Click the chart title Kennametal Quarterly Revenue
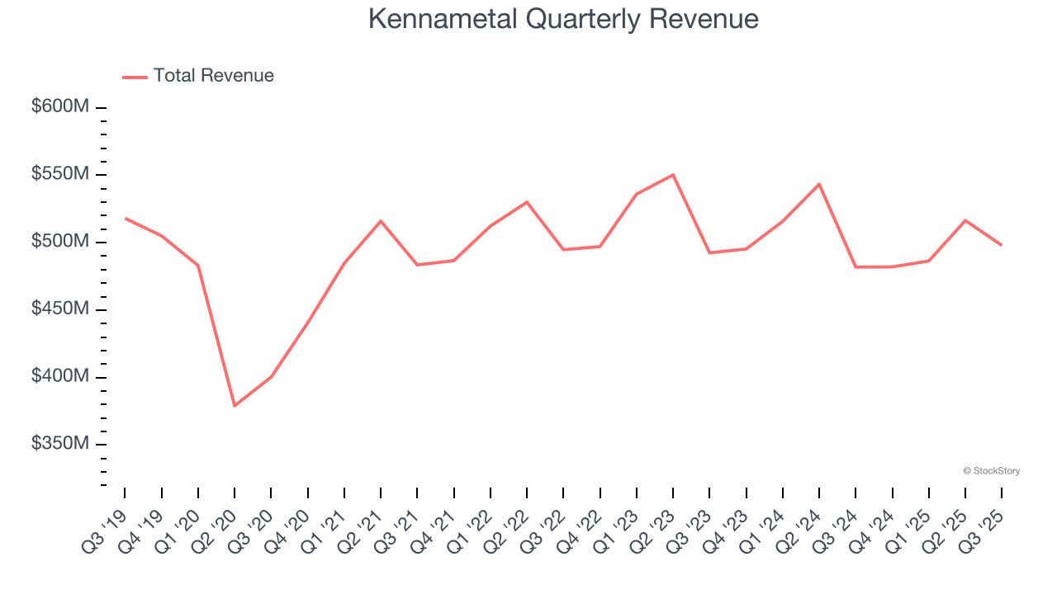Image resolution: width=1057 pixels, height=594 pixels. (562, 18)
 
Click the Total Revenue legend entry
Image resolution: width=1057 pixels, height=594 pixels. (198, 76)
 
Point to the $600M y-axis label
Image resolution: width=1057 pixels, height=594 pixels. (60, 106)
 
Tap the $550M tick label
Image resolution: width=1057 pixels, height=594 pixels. (60, 174)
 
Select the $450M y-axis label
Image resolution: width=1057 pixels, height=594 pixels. (60, 309)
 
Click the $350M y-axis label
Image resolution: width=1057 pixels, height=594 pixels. (60, 444)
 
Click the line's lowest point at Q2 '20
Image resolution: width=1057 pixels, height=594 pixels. (235, 406)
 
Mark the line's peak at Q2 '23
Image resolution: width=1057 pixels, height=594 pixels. (673, 175)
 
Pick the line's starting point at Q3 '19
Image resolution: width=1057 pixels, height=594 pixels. (125, 218)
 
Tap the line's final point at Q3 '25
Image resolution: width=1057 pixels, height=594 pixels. (1002, 245)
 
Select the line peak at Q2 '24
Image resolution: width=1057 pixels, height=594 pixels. (819, 184)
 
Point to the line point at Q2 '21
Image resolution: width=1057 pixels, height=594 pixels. (381, 221)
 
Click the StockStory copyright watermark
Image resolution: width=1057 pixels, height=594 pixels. (991, 471)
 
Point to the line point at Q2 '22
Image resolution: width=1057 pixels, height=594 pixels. (527, 202)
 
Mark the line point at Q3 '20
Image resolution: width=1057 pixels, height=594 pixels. (271, 377)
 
